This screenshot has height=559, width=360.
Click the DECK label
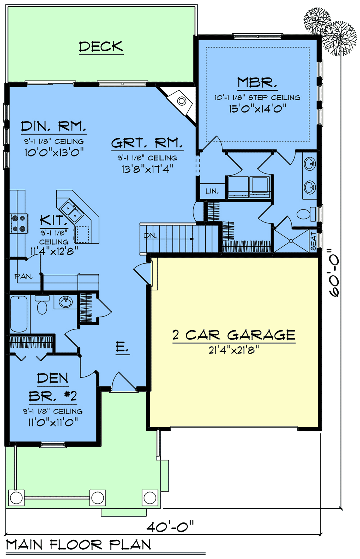(101, 47)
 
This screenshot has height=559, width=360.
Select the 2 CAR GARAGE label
(234, 335)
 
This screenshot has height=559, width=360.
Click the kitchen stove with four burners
(19, 223)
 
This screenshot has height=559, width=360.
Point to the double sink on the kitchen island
(71, 211)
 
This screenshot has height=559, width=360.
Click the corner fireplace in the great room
(179, 102)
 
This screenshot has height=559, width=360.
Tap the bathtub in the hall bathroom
(19, 314)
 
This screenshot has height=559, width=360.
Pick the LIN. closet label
(212, 191)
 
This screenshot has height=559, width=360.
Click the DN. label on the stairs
(150, 236)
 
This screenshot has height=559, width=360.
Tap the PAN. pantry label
(24, 276)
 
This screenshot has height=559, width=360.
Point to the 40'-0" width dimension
(170, 527)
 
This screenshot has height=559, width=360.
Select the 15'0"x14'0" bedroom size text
(257, 108)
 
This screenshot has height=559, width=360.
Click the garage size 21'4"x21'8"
(234, 350)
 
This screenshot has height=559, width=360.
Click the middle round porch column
(97, 498)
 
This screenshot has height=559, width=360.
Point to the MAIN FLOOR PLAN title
(79, 545)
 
